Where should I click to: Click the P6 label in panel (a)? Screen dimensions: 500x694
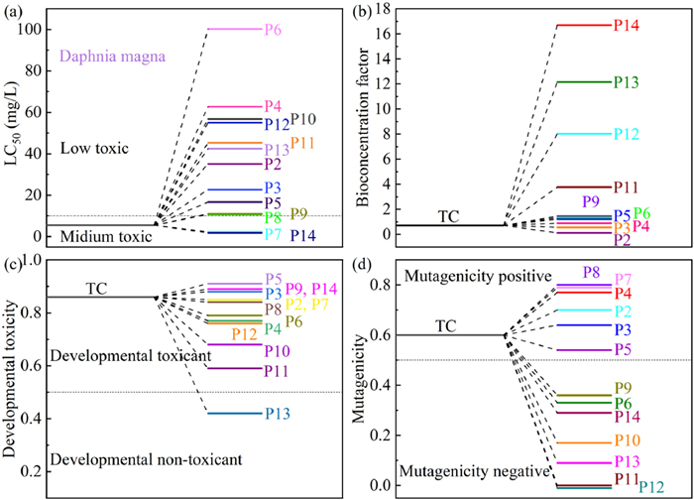click(x=273, y=30)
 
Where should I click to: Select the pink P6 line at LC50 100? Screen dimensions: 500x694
click(x=234, y=29)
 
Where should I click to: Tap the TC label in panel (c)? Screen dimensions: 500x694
click(x=96, y=288)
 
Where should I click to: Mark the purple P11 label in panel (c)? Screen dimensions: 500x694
click(x=278, y=370)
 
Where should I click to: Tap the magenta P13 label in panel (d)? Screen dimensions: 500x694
click(x=627, y=462)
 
